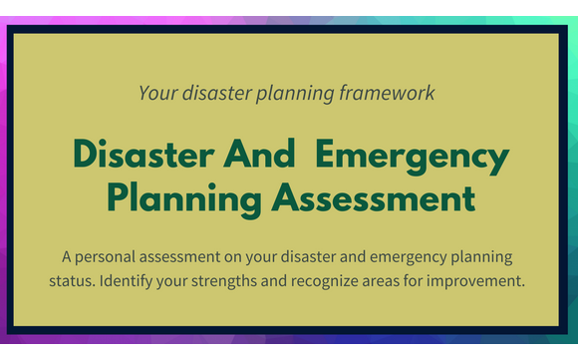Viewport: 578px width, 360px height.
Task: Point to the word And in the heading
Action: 257,157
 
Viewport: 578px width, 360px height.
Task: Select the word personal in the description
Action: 109,258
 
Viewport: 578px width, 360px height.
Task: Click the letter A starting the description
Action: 66,258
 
